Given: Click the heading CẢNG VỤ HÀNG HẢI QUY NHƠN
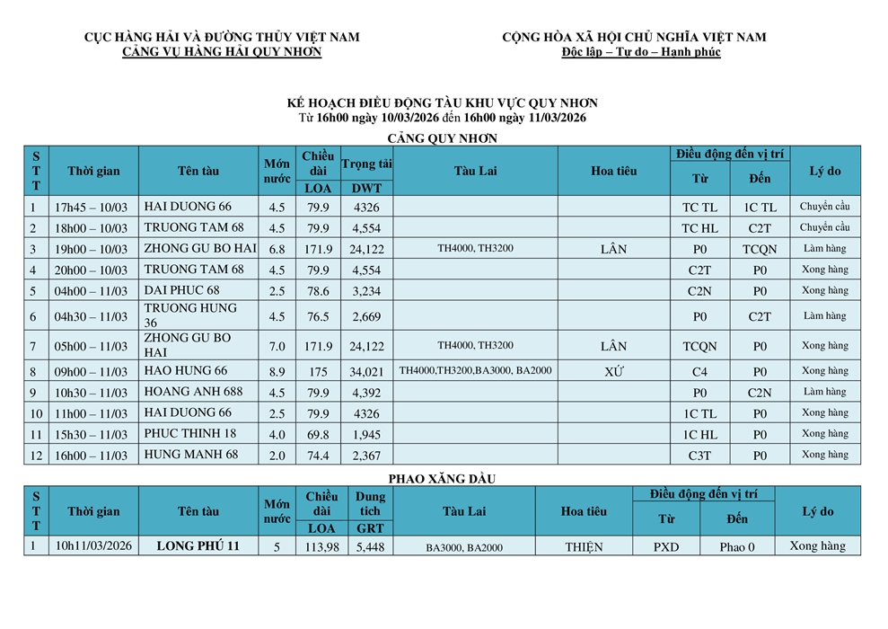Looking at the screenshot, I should pos(222,52).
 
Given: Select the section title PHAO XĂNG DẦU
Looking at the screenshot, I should pos(442,479).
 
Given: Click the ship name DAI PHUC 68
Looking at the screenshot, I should pos(181,290).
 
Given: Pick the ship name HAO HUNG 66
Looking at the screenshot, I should pos(186,370).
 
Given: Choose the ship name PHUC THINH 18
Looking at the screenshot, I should pos(189,433).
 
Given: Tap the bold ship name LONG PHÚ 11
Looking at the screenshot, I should pos(198,546).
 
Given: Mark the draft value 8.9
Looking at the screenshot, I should pos(277,371).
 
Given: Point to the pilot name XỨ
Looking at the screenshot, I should pos(614,371).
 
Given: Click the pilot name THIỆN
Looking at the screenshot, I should pos(584,546).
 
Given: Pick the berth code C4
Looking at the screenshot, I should pos(700,371).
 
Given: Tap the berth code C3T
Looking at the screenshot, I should pos(700,456).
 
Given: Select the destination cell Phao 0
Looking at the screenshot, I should pos(736,546).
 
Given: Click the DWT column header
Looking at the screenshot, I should pos(366,188).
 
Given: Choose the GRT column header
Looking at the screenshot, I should pos(370,528).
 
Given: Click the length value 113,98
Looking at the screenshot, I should pos(321,546).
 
